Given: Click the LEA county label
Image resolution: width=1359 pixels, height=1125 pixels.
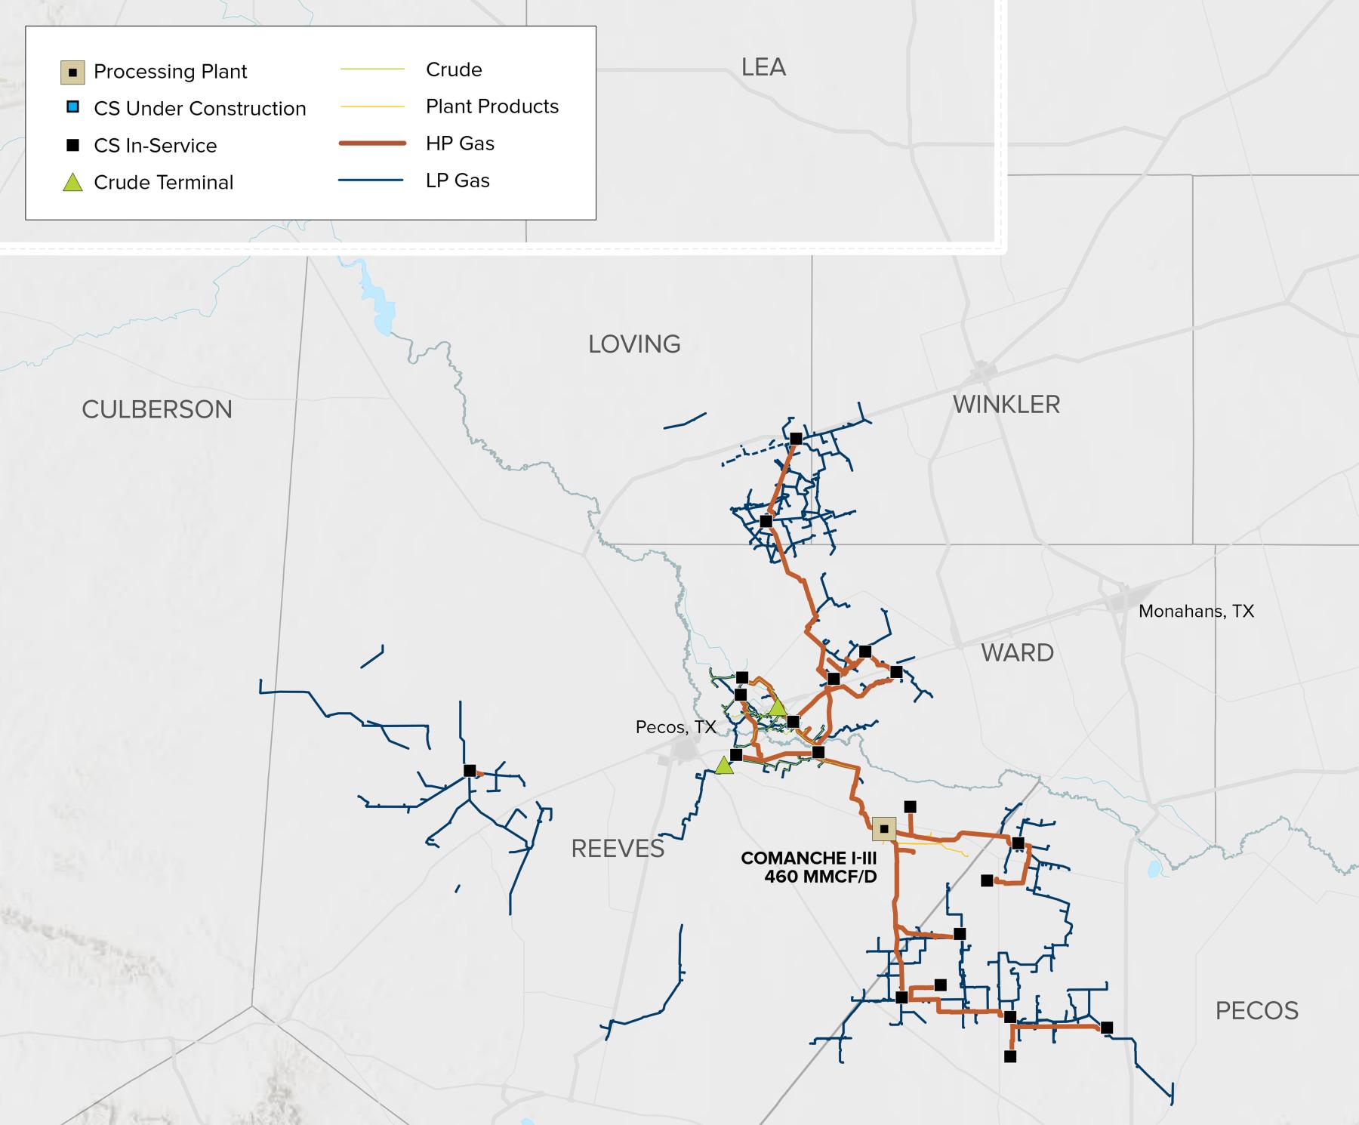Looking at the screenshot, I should point(763,68).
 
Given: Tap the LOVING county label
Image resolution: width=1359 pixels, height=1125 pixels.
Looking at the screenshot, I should point(634,344).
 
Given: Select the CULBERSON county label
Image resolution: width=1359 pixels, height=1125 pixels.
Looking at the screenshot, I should point(157,409).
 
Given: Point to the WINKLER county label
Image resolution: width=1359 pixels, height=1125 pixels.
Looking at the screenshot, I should point(1006,405).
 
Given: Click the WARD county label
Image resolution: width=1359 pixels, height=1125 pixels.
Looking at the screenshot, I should point(1017,652).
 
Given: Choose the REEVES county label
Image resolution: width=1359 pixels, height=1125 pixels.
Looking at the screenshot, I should point(618,849).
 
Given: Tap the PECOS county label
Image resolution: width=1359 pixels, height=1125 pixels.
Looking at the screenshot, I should point(1256,1010).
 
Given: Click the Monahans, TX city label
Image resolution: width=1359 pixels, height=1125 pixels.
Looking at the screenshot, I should point(1196,612).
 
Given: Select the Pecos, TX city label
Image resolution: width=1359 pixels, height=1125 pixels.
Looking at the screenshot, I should point(675,727).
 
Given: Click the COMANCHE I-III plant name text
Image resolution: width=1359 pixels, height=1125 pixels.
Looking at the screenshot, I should point(809,858).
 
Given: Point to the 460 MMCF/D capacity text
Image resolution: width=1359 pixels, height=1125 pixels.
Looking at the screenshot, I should point(820,877).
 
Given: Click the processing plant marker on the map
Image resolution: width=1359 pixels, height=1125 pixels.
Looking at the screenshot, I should point(884,828).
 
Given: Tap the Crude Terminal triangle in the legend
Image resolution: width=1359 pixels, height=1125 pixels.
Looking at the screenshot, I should point(72,182).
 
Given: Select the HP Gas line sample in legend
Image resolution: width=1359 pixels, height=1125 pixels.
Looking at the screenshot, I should point(372,143).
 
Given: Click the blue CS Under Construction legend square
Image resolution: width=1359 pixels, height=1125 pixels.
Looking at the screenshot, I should point(72,107).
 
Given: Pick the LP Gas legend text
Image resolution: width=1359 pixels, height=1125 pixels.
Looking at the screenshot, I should point(458,180).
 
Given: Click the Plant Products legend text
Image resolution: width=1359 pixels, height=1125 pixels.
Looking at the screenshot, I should point(492,106).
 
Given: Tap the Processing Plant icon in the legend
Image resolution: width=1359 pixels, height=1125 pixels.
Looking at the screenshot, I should point(72,72).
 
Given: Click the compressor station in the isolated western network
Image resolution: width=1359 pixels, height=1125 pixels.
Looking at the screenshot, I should point(470,771).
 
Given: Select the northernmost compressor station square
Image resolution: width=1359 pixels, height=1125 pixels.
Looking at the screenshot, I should point(796,438).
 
